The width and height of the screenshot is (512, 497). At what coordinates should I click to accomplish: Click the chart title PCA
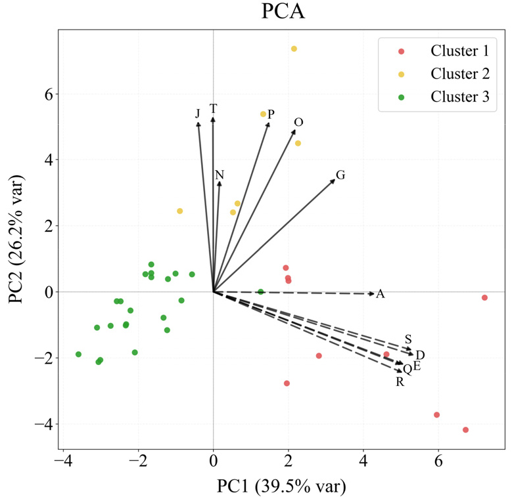[x=283, y=12]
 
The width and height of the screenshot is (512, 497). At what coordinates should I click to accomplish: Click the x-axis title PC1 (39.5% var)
[x=281, y=486]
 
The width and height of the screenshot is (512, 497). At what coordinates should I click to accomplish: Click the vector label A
[x=380, y=294]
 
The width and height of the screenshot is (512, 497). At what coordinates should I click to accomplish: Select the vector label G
[x=340, y=175]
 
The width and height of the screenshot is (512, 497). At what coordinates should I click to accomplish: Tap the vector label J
[x=197, y=114]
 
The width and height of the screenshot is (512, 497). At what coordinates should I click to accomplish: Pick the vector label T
[x=213, y=108]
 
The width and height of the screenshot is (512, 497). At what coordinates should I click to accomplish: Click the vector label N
[x=220, y=175]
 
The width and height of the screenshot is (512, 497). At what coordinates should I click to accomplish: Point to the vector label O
[x=298, y=122]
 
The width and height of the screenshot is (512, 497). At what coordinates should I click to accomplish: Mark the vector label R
[x=399, y=382]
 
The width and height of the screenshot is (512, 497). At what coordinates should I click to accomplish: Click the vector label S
[x=408, y=339]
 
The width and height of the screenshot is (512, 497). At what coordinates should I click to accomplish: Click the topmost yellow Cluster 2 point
[x=294, y=49]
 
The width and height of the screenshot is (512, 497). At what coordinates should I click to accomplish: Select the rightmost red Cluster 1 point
[x=484, y=297]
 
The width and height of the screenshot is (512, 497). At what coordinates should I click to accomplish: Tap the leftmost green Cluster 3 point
[x=78, y=354]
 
